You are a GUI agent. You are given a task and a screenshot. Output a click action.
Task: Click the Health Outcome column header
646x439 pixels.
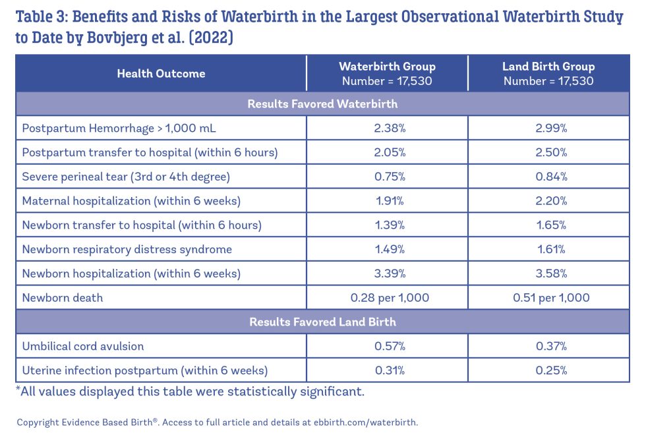tap(161, 74)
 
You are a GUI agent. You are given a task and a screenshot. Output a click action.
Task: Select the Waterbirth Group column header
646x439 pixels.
tap(387, 74)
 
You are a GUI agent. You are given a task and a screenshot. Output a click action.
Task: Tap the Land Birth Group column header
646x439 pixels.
tap(548, 74)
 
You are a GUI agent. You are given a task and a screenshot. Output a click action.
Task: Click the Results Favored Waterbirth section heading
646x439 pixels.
tap(322, 104)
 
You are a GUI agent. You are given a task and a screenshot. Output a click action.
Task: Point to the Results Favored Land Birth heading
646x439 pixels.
tap(322, 322)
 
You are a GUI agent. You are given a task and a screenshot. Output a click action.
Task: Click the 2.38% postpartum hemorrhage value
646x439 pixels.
tap(387, 128)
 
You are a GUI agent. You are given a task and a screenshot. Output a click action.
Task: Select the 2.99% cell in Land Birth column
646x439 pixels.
tap(548, 128)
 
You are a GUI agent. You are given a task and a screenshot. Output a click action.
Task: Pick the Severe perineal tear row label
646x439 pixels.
tap(126, 177)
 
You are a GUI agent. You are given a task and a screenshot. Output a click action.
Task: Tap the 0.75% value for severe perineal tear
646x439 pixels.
tap(387, 177)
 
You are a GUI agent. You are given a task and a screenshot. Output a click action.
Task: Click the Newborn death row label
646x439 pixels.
tap(63, 297)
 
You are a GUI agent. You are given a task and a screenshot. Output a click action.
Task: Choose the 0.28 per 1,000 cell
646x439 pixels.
tap(387, 297)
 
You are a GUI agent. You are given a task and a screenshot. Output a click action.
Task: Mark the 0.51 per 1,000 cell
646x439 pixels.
tap(548, 297)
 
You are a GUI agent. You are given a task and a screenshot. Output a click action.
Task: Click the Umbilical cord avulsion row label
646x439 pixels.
tap(83, 346)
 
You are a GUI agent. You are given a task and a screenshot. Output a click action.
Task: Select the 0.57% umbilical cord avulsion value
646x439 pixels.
tap(387, 346)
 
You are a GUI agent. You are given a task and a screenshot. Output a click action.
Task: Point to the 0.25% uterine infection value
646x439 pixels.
tap(548, 370)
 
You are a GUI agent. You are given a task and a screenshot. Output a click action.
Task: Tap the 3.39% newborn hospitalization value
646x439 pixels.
tap(387, 273)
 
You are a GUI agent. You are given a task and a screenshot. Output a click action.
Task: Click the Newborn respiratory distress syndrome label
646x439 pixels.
tap(127, 249)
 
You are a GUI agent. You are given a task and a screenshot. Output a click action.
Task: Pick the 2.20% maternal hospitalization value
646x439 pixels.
tap(548, 200)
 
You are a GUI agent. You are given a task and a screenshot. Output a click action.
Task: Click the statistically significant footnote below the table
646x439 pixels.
tap(190, 392)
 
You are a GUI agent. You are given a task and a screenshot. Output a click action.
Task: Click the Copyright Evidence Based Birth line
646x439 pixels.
tap(217, 423)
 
